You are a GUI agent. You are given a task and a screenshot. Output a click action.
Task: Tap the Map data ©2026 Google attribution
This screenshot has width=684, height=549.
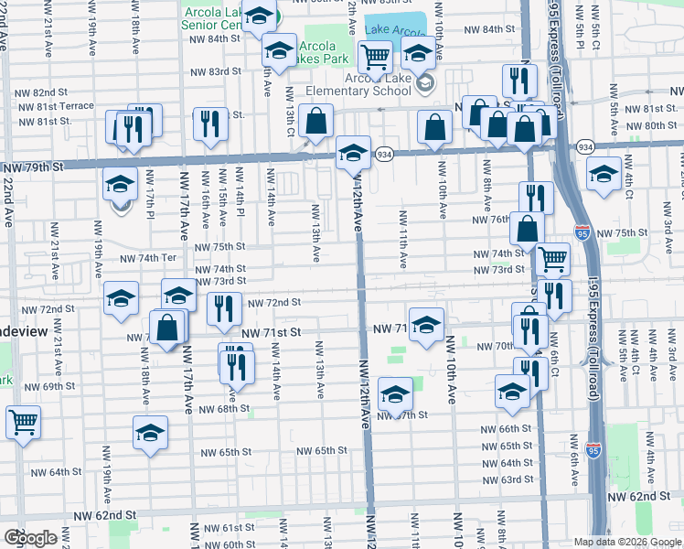click(626, 542)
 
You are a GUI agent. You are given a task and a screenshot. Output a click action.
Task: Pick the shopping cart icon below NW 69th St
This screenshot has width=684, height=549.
click(23, 423)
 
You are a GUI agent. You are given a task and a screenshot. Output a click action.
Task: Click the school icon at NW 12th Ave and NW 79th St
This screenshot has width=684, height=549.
click(353, 152)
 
